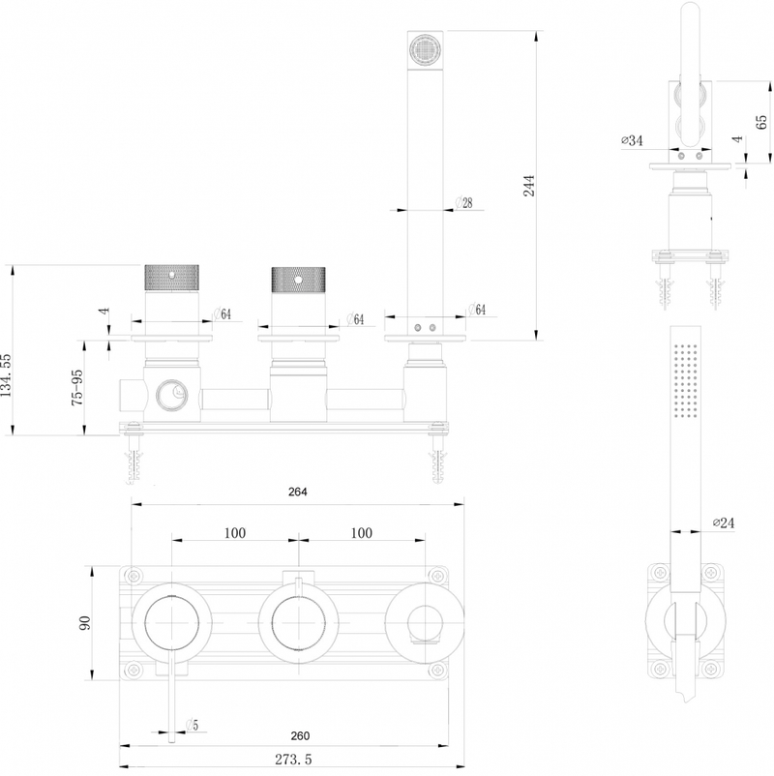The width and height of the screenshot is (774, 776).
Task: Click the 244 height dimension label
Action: point(529,186)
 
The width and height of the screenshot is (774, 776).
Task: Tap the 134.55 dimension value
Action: point(6,375)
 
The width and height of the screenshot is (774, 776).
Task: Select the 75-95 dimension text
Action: point(77,388)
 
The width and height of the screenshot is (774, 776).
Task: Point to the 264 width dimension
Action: point(297,492)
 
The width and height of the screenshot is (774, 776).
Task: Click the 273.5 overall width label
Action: point(293,760)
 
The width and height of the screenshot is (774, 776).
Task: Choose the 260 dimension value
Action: point(300,736)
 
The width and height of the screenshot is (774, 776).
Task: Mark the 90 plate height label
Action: point(85,622)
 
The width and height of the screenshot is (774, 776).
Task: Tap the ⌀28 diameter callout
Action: point(463,202)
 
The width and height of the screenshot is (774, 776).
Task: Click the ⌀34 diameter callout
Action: point(632,140)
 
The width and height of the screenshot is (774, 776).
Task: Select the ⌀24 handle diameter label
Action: point(724,522)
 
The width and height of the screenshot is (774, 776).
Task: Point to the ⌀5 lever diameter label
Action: point(192,726)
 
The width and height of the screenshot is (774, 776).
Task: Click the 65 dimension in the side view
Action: point(761,122)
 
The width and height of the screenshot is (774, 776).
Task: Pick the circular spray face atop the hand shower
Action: point(425,50)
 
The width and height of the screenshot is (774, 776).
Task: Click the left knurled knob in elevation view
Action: point(171,278)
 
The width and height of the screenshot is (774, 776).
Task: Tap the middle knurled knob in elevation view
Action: point(298,280)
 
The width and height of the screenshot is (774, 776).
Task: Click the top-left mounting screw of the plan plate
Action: point(134,576)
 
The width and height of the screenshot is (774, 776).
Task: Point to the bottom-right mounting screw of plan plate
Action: point(437,671)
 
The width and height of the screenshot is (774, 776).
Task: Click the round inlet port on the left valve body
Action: point(171,396)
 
